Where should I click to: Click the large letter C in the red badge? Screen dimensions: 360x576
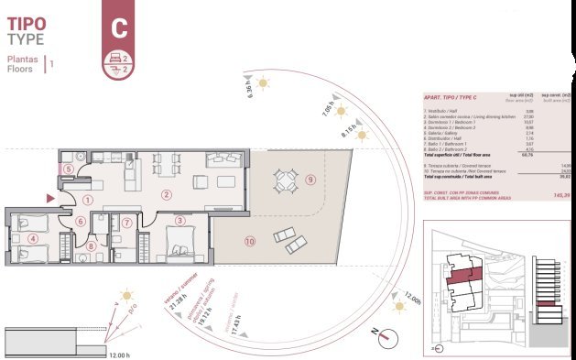(x=118, y=27)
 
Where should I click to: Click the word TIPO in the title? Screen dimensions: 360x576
(x=27, y=23)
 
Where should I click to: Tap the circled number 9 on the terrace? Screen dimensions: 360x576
(x=310, y=180)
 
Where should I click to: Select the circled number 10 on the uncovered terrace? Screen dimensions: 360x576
(x=249, y=242)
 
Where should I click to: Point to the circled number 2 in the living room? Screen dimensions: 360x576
(x=166, y=194)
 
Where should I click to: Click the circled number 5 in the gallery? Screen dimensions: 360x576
(x=69, y=169)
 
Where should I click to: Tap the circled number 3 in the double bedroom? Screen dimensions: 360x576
(x=180, y=221)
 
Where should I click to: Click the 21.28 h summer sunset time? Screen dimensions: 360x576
(x=171, y=301)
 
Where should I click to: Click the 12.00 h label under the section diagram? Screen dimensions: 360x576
(x=119, y=355)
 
